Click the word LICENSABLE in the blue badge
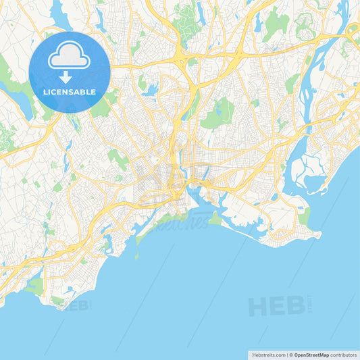coord(69,91)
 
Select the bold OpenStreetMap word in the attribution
coord(311,354)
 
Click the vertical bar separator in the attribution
coord(288,354)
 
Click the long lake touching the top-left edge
coord(59,15)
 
